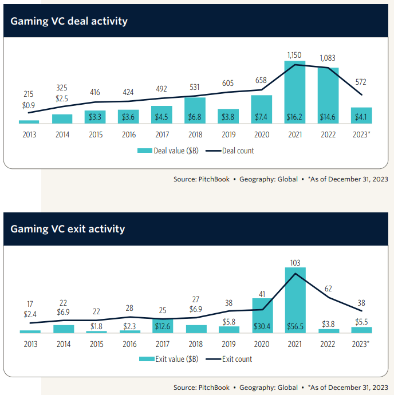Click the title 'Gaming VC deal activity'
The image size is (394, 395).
coord(69,21)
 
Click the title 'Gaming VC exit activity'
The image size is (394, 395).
coord(68,229)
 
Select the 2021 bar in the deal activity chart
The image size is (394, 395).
coord(295,92)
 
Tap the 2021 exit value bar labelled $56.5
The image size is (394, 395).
coord(295,298)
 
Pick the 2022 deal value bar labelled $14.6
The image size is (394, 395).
coord(328,95)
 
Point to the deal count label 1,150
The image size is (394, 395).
coord(295,55)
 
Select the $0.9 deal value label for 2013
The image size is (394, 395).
coord(29,106)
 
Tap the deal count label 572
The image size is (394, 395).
coord(361,82)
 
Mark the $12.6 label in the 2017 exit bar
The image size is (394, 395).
coord(162,327)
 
